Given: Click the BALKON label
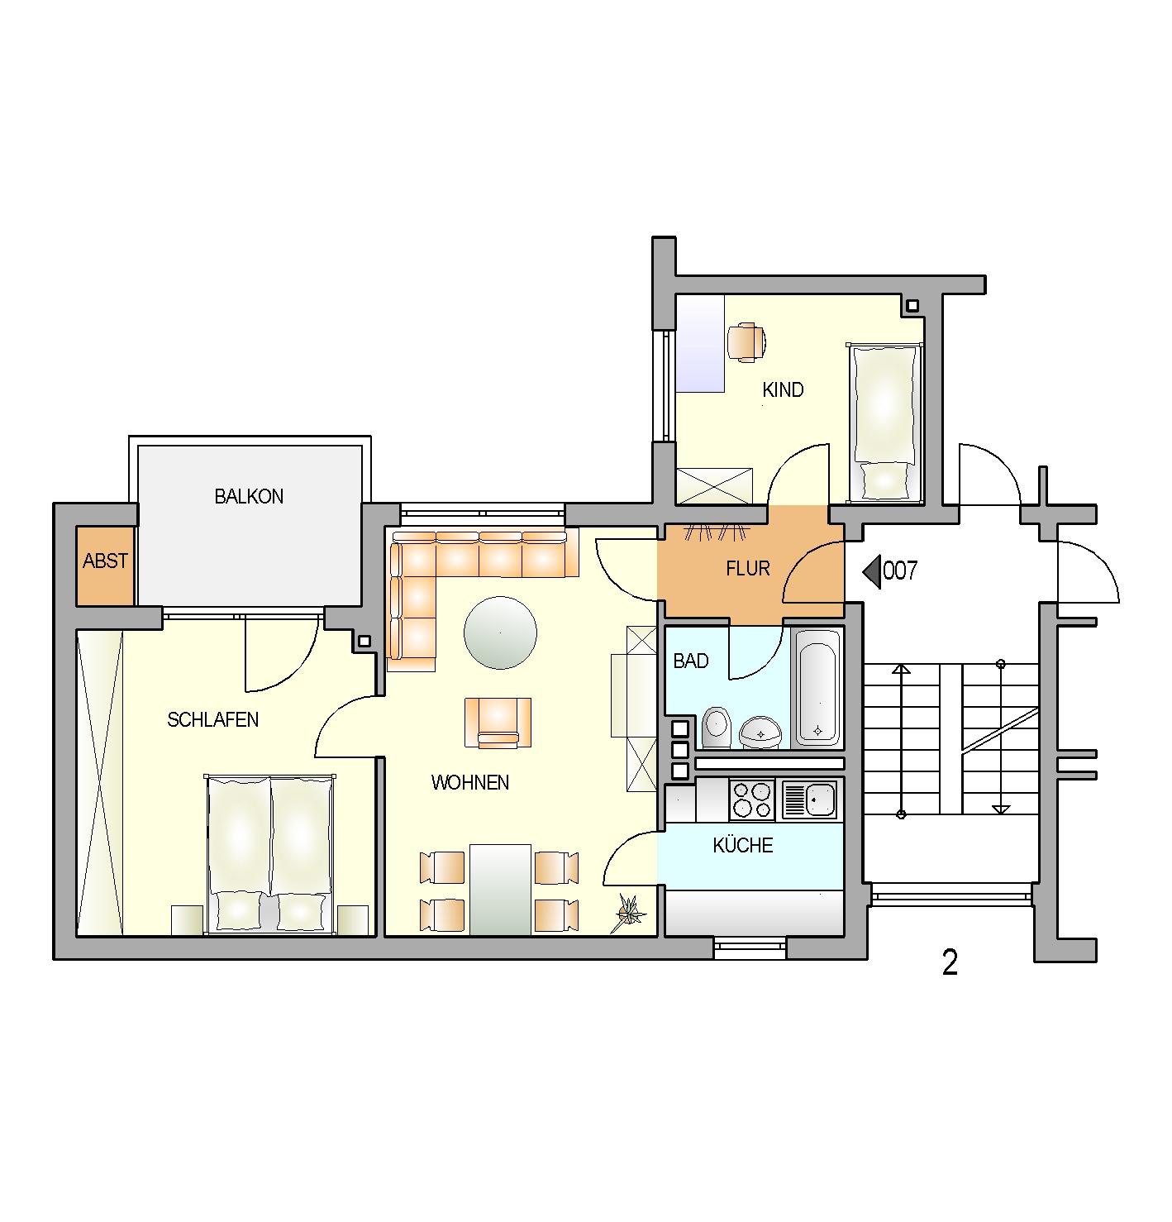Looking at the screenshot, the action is tap(249, 497).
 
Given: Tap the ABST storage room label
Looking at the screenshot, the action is tap(105, 561).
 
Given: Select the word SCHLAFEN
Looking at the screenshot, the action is tap(212, 719).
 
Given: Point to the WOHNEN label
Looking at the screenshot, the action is tap(469, 782).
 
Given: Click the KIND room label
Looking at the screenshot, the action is tap(783, 390).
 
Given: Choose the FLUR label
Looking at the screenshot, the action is tap(748, 569).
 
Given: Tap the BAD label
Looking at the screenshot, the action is tap(690, 661).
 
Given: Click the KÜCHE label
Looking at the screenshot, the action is tap(742, 845).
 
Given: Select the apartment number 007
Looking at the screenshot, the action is tap(900, 570).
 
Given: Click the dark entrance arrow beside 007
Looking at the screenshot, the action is tap(871, 571).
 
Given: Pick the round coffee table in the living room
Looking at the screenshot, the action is tap(500, 632).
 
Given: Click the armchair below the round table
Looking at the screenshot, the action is tap(498, 723).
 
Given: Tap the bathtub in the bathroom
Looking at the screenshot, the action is tap(817, 687).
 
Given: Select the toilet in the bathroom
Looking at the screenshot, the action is tap(716, 728).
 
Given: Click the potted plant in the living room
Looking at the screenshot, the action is tap(629, 912).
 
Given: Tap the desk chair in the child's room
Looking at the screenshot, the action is tap(746, 342).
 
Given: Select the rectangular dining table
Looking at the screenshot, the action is tap(500, 890).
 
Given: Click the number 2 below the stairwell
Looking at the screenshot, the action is tap(950, 962).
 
